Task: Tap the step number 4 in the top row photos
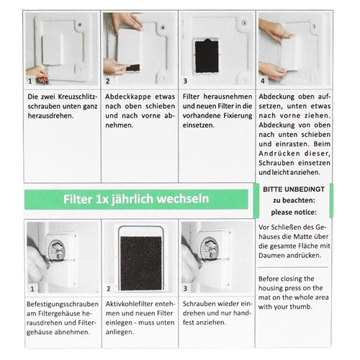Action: (x=263, y=81)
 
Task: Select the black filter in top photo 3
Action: (x=207, y=57)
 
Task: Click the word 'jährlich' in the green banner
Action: (x=132, y=199)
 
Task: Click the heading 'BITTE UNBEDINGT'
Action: (x=294, y=189)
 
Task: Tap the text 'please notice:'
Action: (x=294, y=212)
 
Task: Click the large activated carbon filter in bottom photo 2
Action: (x=141, y=264)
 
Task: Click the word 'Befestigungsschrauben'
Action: (x=63, y=304)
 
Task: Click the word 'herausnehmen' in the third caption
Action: (x=228, y=96)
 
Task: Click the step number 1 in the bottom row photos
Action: (x=32, y=289)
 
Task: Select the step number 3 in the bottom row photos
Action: (x=185, y=289)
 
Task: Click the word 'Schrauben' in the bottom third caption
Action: (x=198, y=304)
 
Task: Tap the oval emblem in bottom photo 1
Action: (x=57, y=251)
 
